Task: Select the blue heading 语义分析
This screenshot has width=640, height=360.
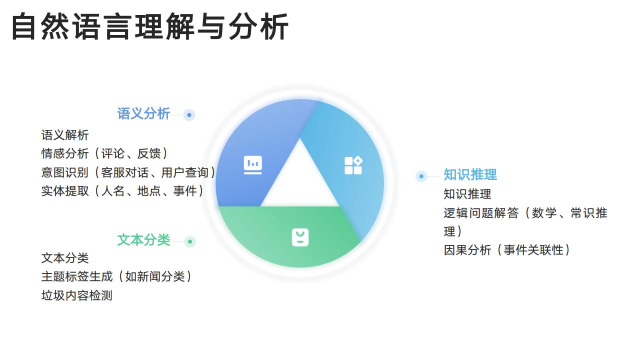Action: pos(143,114)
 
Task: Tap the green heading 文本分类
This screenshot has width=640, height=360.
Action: pos(143,240)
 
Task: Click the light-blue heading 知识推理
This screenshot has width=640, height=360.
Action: pos(470,175)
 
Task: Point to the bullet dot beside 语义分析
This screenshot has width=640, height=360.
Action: pos(189,115)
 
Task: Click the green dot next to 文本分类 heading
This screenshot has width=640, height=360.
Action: pos(189,242)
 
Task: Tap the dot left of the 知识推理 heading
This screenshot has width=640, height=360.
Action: pos(421,176)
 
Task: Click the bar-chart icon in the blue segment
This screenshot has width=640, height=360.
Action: pos(252,164)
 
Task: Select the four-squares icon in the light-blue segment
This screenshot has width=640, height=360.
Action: pos(353,165)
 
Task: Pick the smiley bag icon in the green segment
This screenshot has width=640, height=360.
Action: pos(300,237)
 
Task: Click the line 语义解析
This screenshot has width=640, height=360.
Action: pos(65,135)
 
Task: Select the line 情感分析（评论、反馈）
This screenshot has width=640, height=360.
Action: pos(105,153)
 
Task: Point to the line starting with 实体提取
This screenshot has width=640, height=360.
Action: pos(123,191)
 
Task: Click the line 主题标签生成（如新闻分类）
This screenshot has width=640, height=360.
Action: pos(117,276)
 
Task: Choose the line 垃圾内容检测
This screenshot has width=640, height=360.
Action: pos(76,295)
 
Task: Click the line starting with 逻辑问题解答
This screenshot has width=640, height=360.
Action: pos(525,213)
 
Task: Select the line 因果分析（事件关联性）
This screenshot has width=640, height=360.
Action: pos(507,250)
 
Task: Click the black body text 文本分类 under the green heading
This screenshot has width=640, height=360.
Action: pos(65,258)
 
